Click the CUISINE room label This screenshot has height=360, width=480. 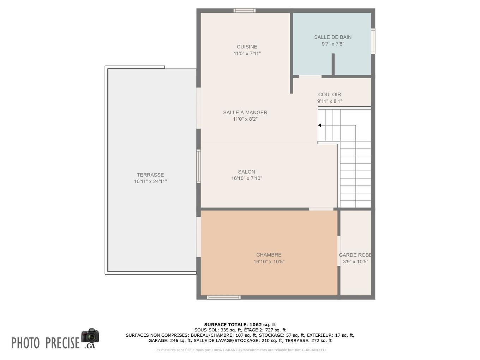click(x=247, y=47)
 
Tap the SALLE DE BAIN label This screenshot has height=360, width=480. click(x=332, y=37)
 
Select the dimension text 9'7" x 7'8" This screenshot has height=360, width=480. click(x=332, y=44)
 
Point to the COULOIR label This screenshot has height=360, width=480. click(x=329, y=94)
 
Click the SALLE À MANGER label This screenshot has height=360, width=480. click(x=245, y=112)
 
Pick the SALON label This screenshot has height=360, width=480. click(x=246, y=172)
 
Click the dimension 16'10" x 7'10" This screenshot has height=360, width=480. click(x=246, y=178)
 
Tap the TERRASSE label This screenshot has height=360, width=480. click(x=150, y=175)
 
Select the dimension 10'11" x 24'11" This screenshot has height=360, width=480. click(x=150, y=181)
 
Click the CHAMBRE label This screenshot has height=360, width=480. click(x=269, y=255)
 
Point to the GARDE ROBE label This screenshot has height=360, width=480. click(x=355, y=255)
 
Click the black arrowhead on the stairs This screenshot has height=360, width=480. click(x=319, y=125)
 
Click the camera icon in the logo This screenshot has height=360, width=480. click(x=90, y=335)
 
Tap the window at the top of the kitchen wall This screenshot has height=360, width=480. click(x=244, y=11)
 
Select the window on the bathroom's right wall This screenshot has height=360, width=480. click(x=373, y=41)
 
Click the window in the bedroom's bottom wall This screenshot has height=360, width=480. click(x=223, y=298)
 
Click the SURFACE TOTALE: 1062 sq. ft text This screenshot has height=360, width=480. click(x=240, y=325)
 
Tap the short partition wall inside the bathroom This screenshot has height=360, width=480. click(x=333, y=64)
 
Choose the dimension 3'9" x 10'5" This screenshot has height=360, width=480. click(x=355, y=262)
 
